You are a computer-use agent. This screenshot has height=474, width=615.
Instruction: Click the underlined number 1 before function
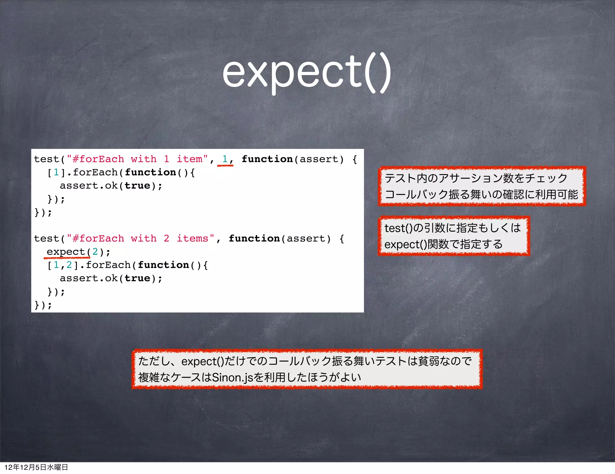click(225, 159)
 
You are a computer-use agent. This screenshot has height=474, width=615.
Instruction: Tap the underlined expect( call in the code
click(68, 252)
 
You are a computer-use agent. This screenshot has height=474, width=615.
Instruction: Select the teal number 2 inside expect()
click(95, 252)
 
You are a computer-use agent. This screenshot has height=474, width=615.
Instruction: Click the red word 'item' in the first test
click(189, 159)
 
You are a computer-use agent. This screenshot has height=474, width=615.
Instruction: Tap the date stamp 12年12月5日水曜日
click(36, 467)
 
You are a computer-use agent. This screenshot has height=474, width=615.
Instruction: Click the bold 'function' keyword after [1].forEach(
click(150, 172)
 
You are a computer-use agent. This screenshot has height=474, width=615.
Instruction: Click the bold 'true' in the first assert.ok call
click(137, 186)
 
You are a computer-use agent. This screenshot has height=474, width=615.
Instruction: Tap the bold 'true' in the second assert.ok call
click(137, 278)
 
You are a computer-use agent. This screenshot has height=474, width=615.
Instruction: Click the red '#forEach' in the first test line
click(98, 159)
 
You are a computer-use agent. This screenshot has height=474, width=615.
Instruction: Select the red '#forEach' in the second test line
click(98, 239)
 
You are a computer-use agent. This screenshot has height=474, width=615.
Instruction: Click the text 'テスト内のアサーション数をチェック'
click(476, 178)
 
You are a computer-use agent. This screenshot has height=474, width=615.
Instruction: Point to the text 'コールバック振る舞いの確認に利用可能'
click(481, 195)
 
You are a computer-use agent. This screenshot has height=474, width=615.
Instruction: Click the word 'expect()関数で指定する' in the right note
click(444, 244)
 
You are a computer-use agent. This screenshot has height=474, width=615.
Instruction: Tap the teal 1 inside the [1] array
click(56, 172)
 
